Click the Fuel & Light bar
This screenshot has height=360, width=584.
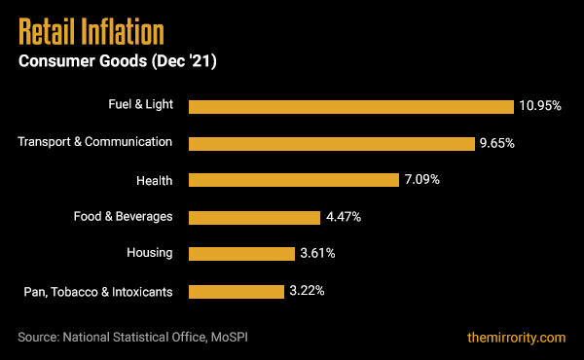[350, 106]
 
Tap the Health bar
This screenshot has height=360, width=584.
[293, 180]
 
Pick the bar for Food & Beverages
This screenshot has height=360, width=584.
[254, 217]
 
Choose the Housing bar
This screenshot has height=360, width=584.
[241, 254]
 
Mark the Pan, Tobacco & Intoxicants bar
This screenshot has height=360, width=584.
[236, 291]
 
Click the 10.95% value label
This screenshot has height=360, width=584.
[540, 106]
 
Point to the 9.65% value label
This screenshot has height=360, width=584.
[496, 143]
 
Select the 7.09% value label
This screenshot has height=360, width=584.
[420, 180]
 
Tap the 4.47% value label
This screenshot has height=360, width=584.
[343, 217]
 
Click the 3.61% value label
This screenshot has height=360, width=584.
[317, 254]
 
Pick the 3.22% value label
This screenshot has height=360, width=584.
[306, 291]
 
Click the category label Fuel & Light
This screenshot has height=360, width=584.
[140, 105]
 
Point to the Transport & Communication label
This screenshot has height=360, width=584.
[95, 142]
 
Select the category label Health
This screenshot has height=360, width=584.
[155, 179]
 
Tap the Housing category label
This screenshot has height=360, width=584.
[150, 253]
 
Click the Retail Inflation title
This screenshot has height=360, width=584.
[91, 33]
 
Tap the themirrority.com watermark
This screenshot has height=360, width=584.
[515, 338]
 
